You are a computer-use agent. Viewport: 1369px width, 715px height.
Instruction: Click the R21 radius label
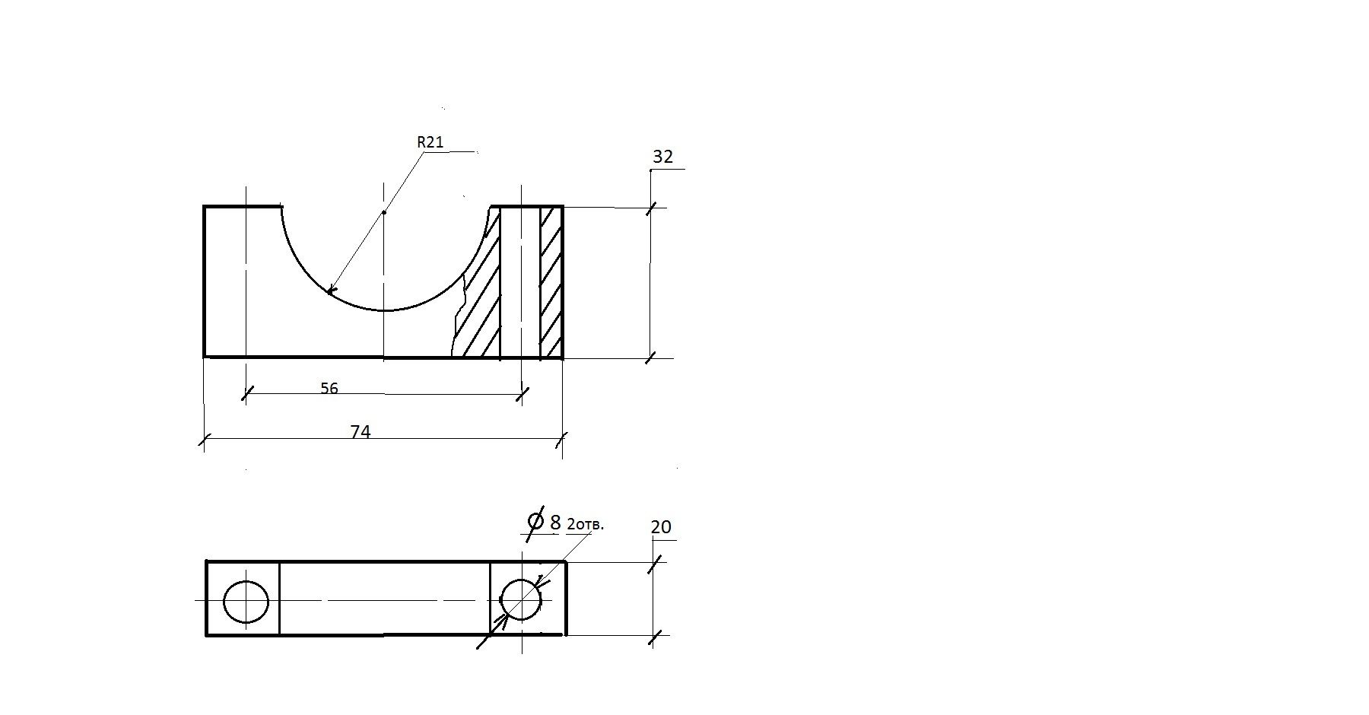(x=430, y=142)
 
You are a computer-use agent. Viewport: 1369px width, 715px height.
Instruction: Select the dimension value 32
(x=663, y=157)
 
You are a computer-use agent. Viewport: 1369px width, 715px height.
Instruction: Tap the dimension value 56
(x=329, y=389)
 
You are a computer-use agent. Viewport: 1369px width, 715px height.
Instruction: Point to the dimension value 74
(x=361, y=432)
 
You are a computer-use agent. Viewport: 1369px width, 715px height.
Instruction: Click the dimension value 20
(x=662, y=527)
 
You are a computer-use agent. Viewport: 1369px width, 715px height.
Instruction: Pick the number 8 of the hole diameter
(x=555, y=523)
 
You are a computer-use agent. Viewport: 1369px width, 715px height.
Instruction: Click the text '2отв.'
(x=586, y=525)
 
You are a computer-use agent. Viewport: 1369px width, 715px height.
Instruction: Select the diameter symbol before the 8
(x=535, y=521)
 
